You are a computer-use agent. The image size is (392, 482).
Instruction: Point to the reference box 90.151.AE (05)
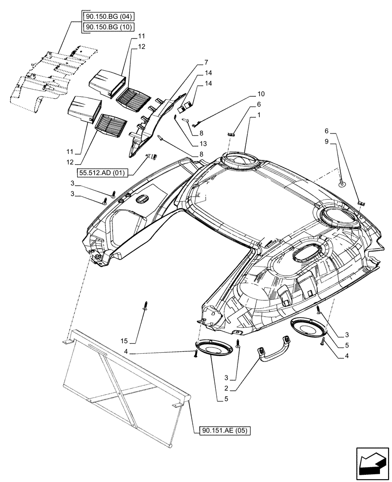225,431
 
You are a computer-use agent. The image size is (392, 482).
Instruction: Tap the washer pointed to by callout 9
341,183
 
